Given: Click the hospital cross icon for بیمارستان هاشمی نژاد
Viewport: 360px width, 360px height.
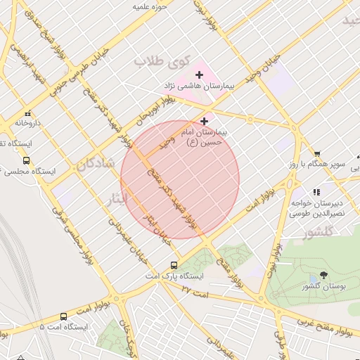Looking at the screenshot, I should pyautogui.click(x=199, y=75).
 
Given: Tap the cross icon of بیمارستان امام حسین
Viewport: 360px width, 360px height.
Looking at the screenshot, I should pyautogui.click(x=205, y=121).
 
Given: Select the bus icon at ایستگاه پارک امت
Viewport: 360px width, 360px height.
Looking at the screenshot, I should pyautogui.click(x=174, y=265).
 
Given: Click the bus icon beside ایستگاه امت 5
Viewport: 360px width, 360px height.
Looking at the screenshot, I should pyautogui.click(x=64, y=317).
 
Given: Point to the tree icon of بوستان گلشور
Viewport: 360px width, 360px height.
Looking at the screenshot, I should pyautogui.click(x=323, y=275).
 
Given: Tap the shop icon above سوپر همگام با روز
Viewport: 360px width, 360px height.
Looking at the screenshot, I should pyautogui.click(x=317, y=154).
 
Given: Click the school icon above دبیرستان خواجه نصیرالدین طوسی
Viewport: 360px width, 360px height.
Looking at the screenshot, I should pyautogui.click(x=316, y=191).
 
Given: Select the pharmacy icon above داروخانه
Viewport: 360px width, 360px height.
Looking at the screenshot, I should pyautogui.click(x=27, y=113).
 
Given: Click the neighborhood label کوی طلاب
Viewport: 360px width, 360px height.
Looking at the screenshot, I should pyautogui.click(x=153, y=62).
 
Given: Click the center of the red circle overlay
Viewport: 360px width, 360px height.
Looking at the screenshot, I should pyautogui.click(x=180, y=179).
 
